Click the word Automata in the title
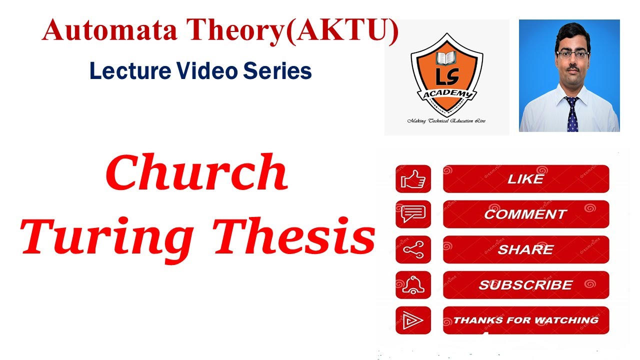(110, 31)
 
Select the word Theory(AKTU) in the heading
(293, 31)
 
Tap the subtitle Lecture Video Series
(200, 71)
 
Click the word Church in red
(196, 172)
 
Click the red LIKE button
(525, 179)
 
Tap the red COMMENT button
(525, 214)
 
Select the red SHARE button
(525, 249)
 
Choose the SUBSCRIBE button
(525, 285)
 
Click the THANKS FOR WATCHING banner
(525, 320)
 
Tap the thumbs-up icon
(413, 179)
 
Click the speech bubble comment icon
(413, 214)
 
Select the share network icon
(413, 249)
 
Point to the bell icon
(413, 285)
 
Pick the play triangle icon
(413, 320)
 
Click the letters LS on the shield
(446, 77)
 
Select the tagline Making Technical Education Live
(446, 121)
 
